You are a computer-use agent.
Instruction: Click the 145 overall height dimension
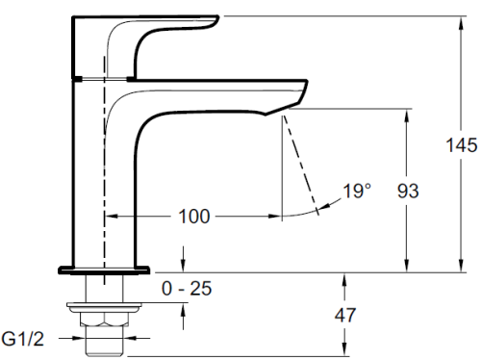pyautogui.click(x=462, y=145)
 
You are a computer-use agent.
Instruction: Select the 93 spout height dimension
pyautogui.click(x=408, y=191)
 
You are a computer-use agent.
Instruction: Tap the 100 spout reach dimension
pyautogui.click(x=194, y=217)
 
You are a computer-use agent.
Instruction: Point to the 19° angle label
pyautogui.click(x=357, y=191)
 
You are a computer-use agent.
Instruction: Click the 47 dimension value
pyautogui.click(x=345, y=315)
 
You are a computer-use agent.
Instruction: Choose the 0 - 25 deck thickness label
pyautogui.click(x=187, y=288)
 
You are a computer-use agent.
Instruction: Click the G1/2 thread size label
pyautogui.click(x=22, y=339)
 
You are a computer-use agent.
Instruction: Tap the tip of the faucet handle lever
pyautogui.click(x=218, y=16)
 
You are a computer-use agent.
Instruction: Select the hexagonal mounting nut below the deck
pyautogui.click(x=104, y=319)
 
